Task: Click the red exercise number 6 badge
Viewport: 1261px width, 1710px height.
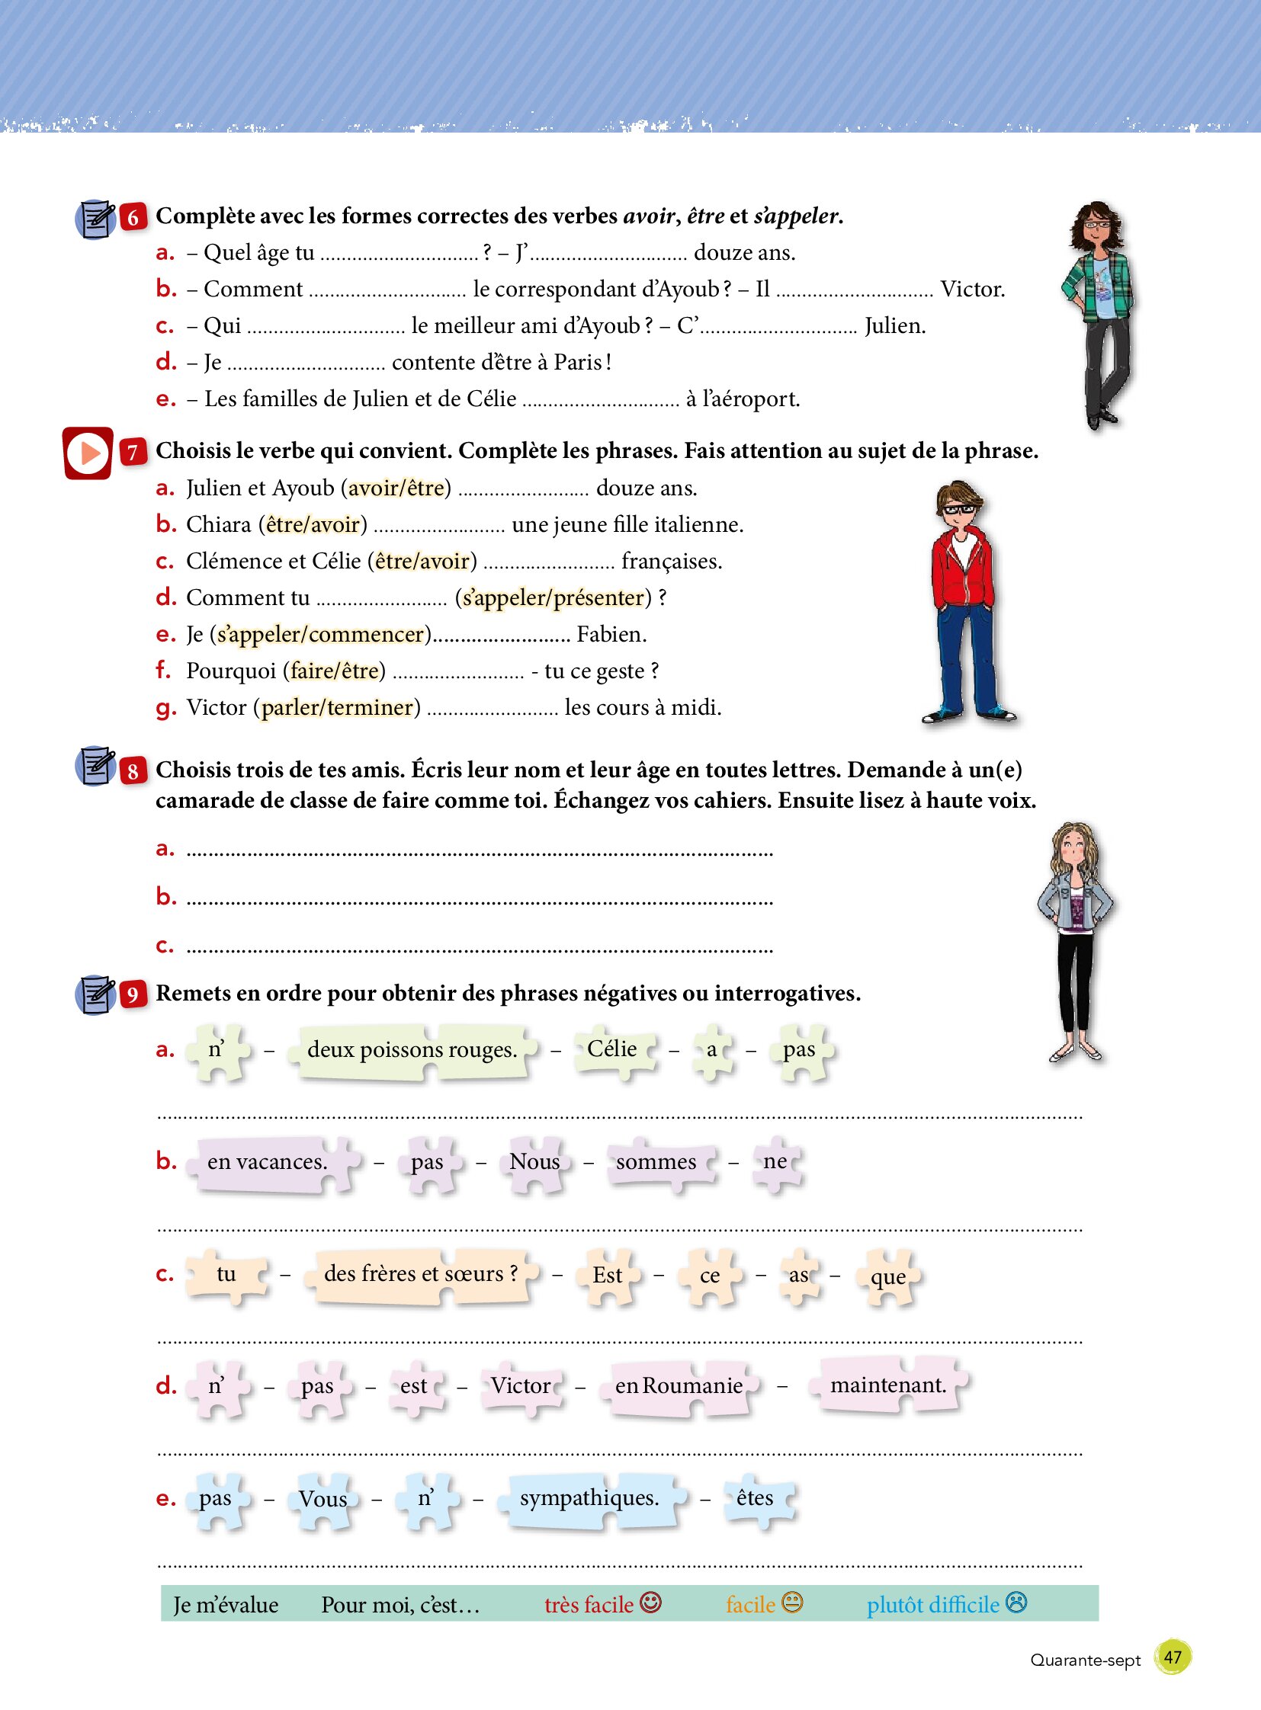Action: (x=133, y=217)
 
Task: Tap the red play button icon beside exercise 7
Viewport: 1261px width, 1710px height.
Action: (x=88, y=453)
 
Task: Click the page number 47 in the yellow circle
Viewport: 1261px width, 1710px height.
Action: (x=1173, y=1657)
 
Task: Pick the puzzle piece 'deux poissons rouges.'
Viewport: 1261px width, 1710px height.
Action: (x=412, y=1051)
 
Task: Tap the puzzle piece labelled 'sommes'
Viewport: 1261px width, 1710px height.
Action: (x=657, y=1162)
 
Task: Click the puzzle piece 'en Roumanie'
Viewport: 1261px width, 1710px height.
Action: (x=679, y=1385)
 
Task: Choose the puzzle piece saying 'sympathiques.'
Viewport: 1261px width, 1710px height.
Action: (x=589, y=1498)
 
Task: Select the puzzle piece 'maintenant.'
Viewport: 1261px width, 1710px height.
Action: (x=888, y=1384)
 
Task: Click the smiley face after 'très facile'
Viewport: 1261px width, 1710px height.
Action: (x=650, y=1603)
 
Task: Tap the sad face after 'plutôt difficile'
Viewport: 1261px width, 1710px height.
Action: (x=1017, y=1603)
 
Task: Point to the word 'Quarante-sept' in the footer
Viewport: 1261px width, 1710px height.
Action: (x=1085, y=1660)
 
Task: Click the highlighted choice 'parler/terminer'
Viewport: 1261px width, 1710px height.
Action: (x=338, y=707)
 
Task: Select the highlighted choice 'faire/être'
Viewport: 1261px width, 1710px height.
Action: (x=335, y=671)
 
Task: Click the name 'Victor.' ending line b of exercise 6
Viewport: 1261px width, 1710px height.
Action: (x=972, y=290)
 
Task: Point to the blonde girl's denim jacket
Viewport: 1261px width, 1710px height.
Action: (x=1074, y=904)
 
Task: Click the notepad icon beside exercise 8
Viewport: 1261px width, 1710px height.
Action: (x=95, y=765)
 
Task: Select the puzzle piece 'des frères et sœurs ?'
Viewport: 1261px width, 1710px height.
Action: (x=421, y=1273)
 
